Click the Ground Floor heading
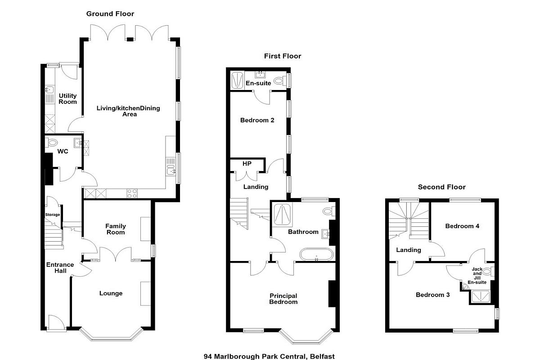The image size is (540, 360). [x=110, y=14]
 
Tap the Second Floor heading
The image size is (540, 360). [x=441, y=187]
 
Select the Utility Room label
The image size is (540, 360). [x=68, y=99]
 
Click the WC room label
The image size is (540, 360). [x=63, y=152]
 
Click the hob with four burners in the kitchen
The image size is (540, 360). [x=132, y=193]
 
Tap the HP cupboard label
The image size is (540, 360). [x=247, y=164]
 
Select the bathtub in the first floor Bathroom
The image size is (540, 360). [x=316, y=254]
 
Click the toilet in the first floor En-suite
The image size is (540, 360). [x=280, y=81]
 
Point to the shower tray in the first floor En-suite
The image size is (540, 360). [x=237, y=80]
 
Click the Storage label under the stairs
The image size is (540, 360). [x=53, y=215]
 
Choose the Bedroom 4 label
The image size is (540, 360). [x=462, y=226]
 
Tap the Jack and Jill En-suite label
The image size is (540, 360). [x=477, y=275]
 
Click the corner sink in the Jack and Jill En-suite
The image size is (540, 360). [x=464, y=287]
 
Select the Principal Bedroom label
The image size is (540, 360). [x=283, y=299]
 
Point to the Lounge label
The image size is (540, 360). [x=111, y=293]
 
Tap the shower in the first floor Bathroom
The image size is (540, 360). [x=282, y=215]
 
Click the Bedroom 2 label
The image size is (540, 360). [x=257, y=120]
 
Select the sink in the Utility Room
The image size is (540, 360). [x=49, y=90]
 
